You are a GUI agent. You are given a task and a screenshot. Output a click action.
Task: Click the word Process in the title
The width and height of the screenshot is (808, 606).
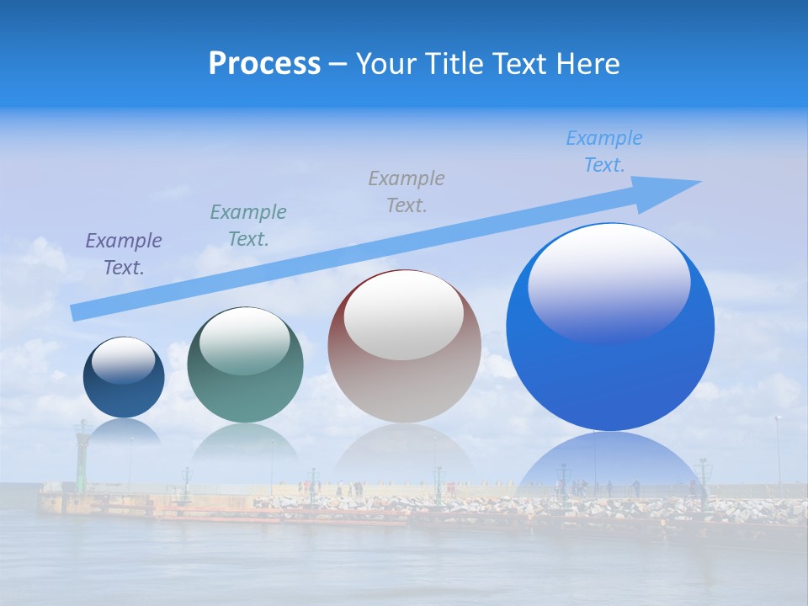[x=264, y=64]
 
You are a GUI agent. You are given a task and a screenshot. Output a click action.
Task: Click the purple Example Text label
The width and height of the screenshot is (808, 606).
[x=124, y=254]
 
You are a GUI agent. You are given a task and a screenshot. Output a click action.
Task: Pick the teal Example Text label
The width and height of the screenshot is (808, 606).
[x=248, y=226]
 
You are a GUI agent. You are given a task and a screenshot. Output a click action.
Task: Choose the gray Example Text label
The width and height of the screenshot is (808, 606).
[x=407, y=192]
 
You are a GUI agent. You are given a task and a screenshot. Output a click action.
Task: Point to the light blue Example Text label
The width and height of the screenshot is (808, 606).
[x=604, y=151]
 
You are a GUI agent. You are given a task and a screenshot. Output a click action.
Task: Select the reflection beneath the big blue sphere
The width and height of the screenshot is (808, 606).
[x=610, y=463]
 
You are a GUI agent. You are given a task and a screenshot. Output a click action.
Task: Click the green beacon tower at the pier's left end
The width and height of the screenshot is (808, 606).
[x=82, y=454]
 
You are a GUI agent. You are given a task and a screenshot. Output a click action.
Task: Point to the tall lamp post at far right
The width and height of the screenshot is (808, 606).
[x=778, y=454]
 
